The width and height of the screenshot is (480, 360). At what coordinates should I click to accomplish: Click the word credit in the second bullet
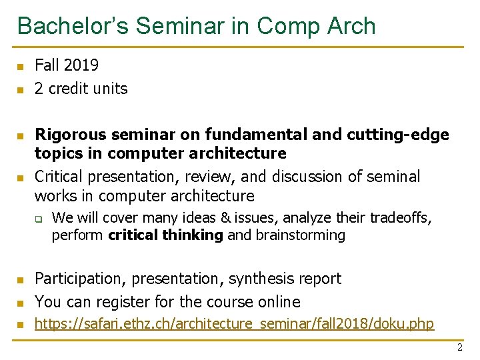[x=70, y=89]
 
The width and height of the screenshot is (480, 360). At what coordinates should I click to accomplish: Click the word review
[x=208, y=177]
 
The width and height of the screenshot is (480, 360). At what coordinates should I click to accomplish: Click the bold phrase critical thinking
[x=165, y=235]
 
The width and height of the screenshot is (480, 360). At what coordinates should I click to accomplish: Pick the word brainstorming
[x=301, y=235]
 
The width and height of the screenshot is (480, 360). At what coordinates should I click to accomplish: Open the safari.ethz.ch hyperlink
[x=234, y=325]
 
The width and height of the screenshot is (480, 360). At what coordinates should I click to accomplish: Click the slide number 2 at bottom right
[x=459, y=347]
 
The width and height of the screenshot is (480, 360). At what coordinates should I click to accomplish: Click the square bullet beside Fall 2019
[x=20, y=66]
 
